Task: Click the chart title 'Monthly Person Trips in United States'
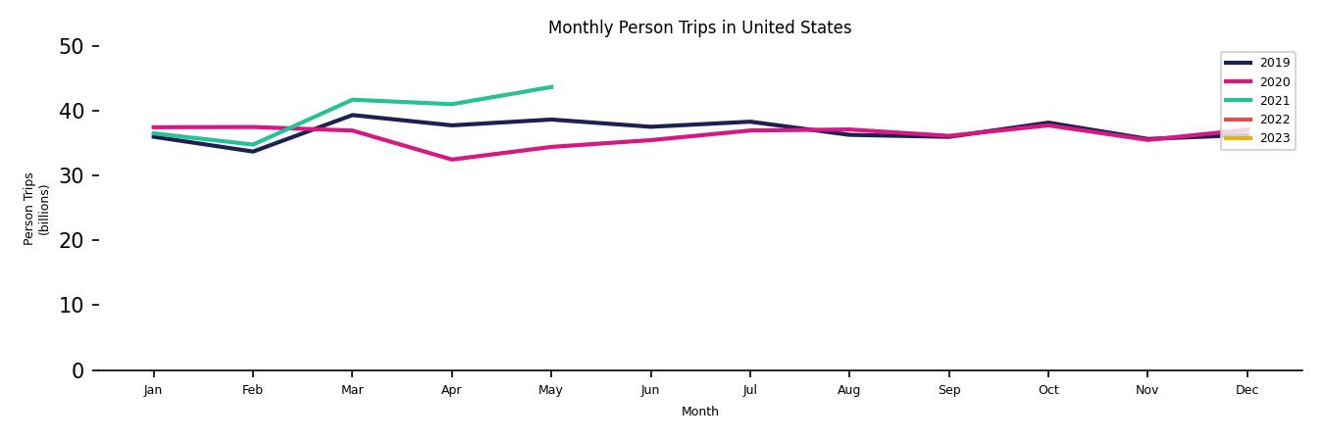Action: tap(699, 27)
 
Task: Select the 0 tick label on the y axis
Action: tap(78, 370)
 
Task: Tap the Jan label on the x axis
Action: tap(153, 390)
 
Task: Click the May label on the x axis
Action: tap(551, 390)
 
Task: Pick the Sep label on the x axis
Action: tap(949, 390)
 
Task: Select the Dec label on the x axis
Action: tap(1247, 390)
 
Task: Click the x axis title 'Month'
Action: tap(700, 412)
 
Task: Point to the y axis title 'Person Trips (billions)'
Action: tap(36, 209)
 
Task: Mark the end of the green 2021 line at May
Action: tap(551, 87)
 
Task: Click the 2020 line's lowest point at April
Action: tap(452, 160)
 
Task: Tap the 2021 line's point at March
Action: tap(352, 100)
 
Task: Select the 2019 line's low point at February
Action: tap(253, 151)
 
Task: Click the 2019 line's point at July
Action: tap(750, 122)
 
